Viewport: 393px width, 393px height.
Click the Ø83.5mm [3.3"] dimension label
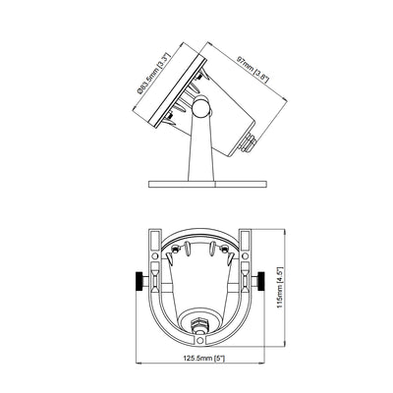pyautogui.click(x=154, y=74)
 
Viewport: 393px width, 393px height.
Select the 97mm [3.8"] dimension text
pyautogui.click(x=253, y=70)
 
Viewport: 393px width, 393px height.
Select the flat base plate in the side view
pyautogui.click(x=207, y=184)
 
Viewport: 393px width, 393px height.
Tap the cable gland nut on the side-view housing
pyautogui.click(x=249, y=142)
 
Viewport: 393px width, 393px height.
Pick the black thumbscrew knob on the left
pyautogui.click(x=140, y=281)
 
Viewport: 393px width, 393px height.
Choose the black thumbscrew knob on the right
pyautogui.click(x=261, y=281)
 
